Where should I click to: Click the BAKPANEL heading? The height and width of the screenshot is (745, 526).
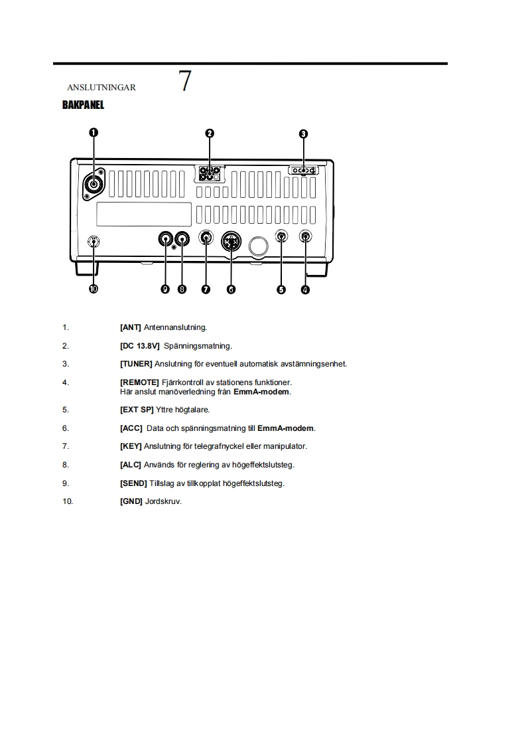pyautogui.click(x=83, y=105)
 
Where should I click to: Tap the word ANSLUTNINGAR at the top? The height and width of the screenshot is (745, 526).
pyautogui.click(x=101, y=88)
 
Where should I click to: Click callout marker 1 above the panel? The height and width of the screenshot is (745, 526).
pyautogui.click(x=94, y=133)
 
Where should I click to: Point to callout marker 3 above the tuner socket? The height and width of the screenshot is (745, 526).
pyautogui.click(x=303, y=133)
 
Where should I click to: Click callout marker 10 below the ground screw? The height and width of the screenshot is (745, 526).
pyautogui.click(x=94, y=289)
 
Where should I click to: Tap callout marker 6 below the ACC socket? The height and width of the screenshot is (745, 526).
pyautogui.click(x=231, y=289)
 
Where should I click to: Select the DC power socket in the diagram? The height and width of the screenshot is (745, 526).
pyautogui.click(x=210, y=174)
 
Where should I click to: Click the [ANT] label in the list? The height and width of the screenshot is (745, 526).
pyautogui.click(x=131, y=327)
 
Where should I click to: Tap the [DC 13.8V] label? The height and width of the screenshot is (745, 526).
pyautogui.click(x=140, y=346)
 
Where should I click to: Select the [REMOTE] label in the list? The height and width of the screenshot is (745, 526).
pyautogui.click(x=139, y=382)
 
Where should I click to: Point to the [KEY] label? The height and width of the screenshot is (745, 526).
pyautogui.click(x=131, y=446)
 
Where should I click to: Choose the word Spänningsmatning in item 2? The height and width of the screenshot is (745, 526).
pyautogui.click(x=198, y=346)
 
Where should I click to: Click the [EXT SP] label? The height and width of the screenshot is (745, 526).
pyautogui.click(x=137, y=410)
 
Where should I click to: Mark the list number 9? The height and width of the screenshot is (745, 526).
pyautogui.click(x=66, y=483)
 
